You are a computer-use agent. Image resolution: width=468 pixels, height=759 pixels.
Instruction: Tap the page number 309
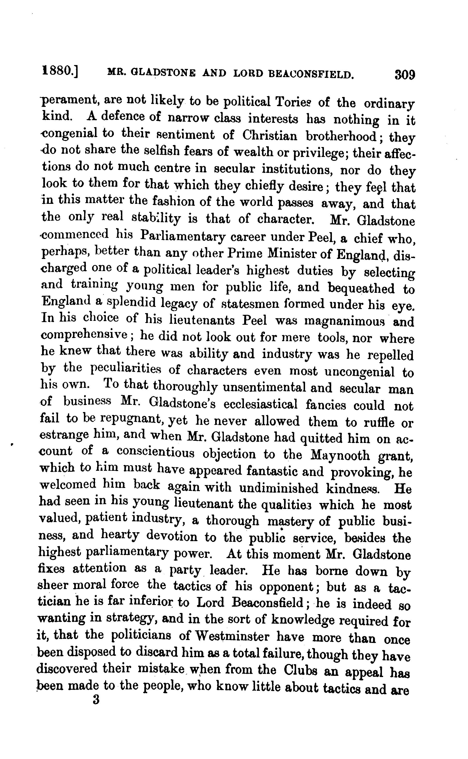404,75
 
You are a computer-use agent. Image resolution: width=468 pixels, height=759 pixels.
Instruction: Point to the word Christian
269,135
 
